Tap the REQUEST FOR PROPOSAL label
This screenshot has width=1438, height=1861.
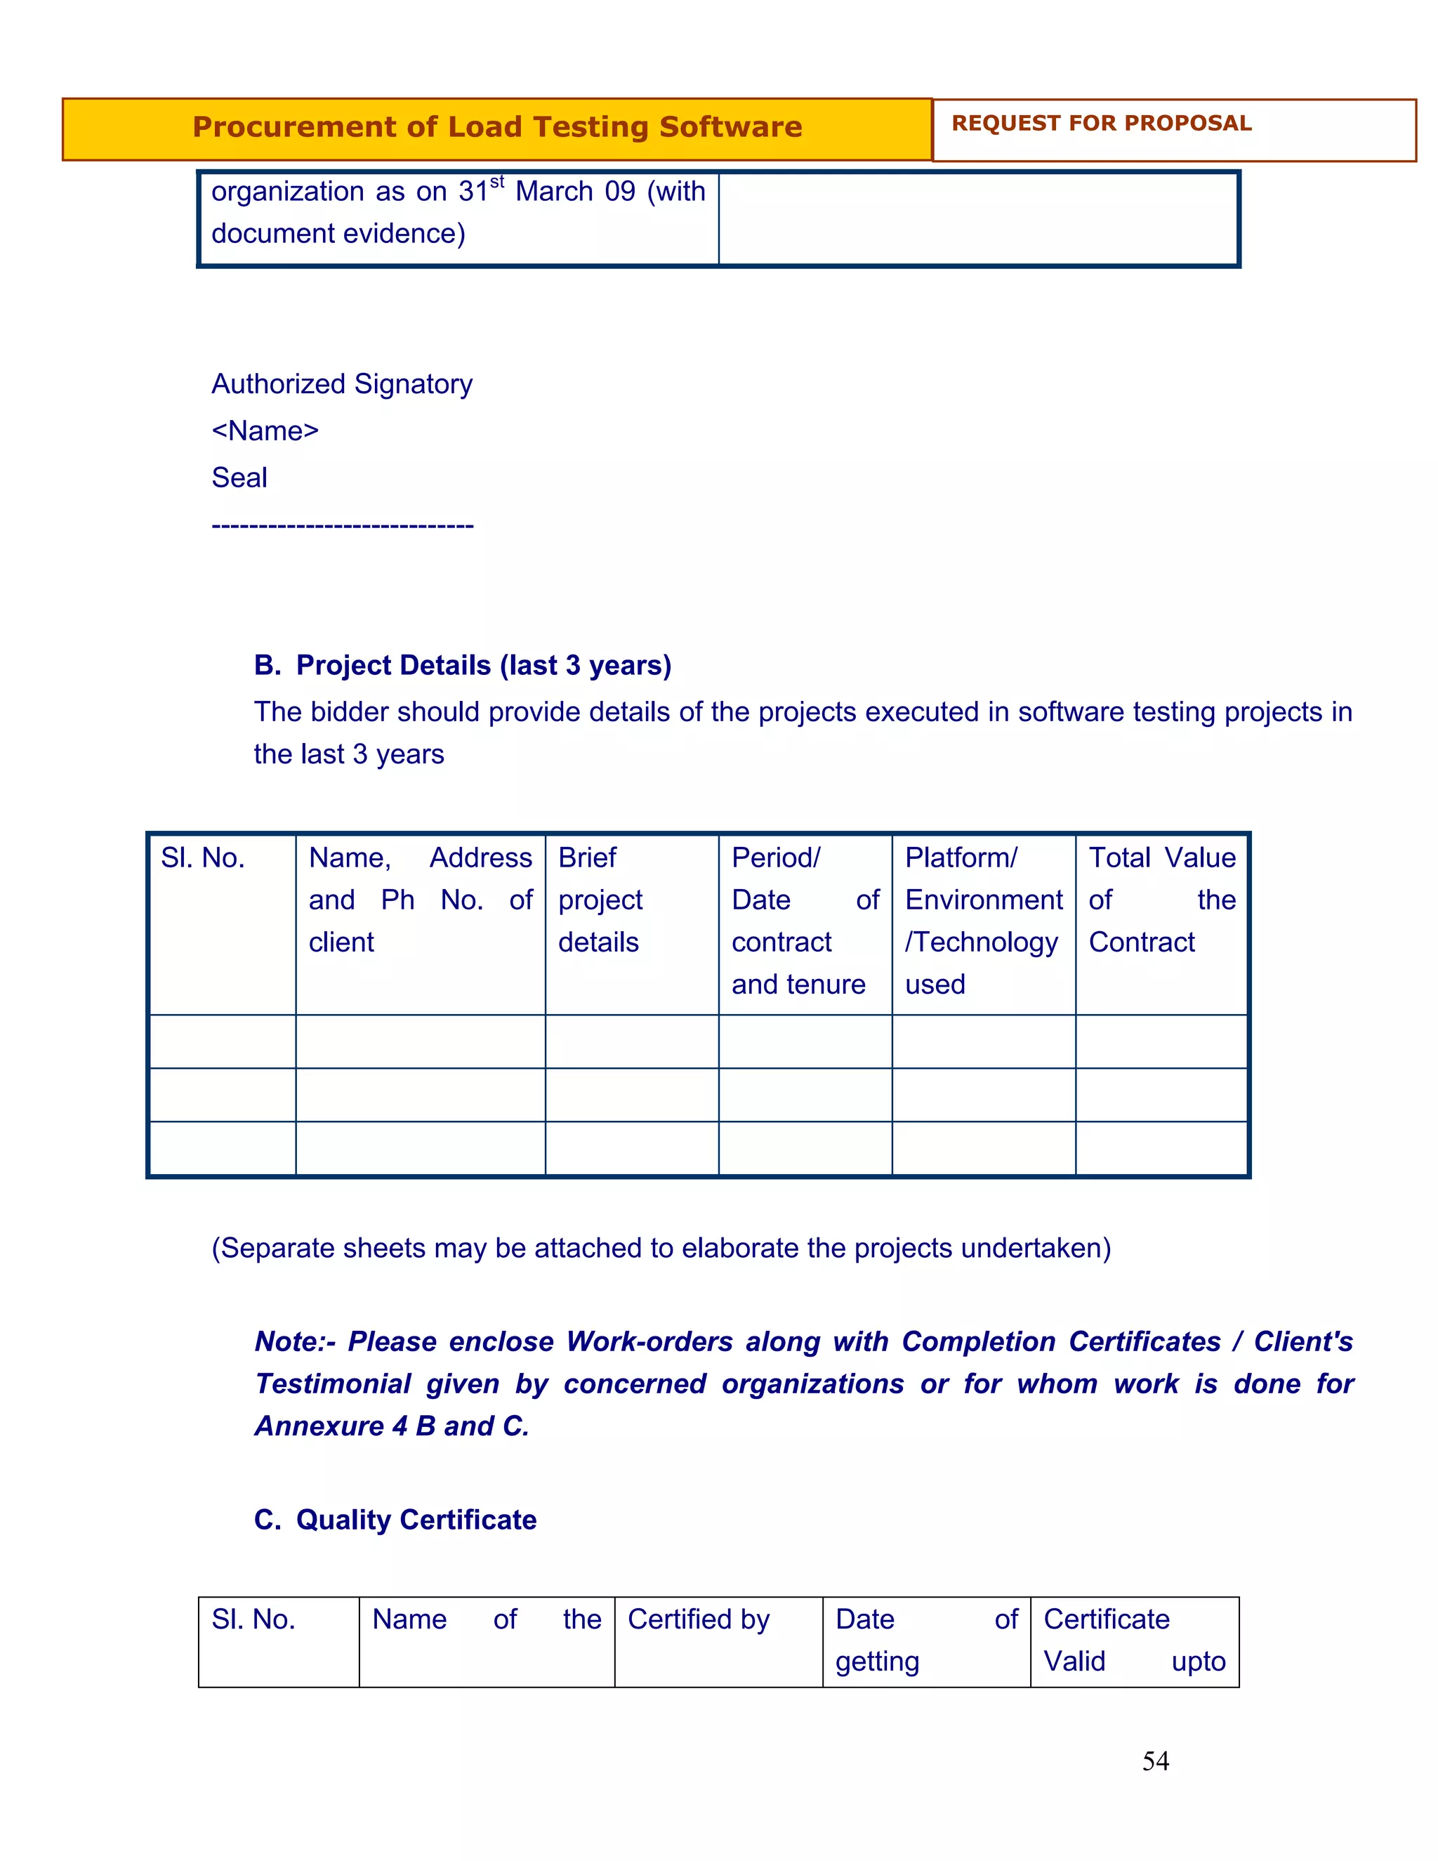[x=1101, y=124]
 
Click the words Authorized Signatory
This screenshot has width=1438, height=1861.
[x=342, y=384]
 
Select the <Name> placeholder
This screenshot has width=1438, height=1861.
[x=265, y=431]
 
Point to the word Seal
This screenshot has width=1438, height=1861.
[x=239, y=478]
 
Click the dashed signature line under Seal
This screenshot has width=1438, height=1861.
[x=343, y=526]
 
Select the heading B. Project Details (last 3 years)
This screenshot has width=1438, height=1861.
[x=463, y=666]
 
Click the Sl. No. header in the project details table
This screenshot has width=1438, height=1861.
[x=203, y=858]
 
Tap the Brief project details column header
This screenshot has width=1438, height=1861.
[x=600, y=900]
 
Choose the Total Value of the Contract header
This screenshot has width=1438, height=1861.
[x=1161, y=900]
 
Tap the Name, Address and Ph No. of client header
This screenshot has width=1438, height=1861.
[x=420, y=900]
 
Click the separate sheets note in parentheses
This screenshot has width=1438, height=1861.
[x=661, y=1249]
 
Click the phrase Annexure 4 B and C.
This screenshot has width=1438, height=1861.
[x=392, y=1426]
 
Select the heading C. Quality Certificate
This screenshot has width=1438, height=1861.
[x=395, y=1520]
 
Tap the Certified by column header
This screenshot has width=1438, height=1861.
[x=698, y=1620]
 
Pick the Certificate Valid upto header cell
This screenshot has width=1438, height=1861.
[x=1134, y=1641]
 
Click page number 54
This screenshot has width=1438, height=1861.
[x=1155, y=1761]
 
